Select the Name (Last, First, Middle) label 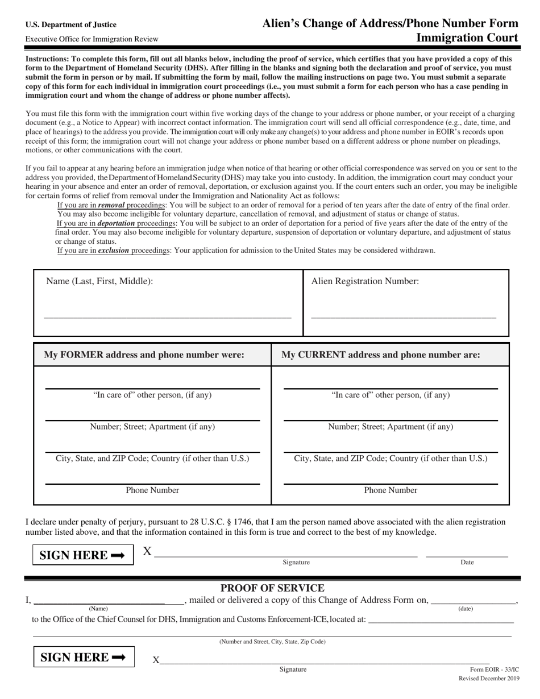pyautogui.click(x=99, y=281)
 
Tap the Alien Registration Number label pyautogui.click(x=365, y=281)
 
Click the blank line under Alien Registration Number pyautogui.click(x=404, y=317)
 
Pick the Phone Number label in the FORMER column pyautogui.click(x=152, y=490)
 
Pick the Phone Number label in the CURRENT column pyautogui.click(x=391, y=490)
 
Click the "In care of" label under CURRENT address pyautogui.click(x=391, y=395)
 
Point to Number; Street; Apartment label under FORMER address pyautogui.click(x=152, y=427)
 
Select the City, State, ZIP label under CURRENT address pyautogui.click(x=391, y=458)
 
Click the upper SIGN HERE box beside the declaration pyautogui.click(x=83, y=555)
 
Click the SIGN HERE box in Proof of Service pyautogui.click(x=83, y=658)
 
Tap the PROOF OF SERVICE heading pyautogui.click(x=272, y=588)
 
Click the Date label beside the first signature pyautogui.click(x=467, y=562)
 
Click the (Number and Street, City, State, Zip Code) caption pyautogui.click(x=272, y=642)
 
